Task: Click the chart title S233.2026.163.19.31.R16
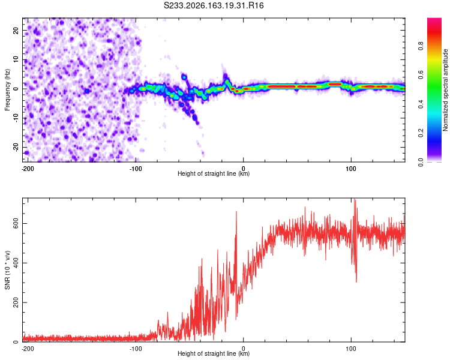point(214,5)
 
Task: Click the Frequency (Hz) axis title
point(7,90)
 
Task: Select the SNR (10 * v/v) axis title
point(7,270)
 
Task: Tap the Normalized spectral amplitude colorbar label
point(445,90)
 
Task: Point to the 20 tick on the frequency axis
point(16,30)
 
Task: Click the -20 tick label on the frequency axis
point(16,147)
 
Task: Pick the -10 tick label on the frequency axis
point(16,118)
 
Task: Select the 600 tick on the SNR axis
point(16,223)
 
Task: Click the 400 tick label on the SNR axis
point(16,263)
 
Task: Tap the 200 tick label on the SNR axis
point(16,302)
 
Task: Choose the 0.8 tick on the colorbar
point(421,46)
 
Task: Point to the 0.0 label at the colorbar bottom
point(421,163)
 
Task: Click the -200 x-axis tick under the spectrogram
point(28,169)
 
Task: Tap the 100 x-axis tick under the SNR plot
point(351,349)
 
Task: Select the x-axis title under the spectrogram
point(214,173)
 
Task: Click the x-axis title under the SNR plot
point(214,353)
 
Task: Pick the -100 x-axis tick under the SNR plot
point(136,349)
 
